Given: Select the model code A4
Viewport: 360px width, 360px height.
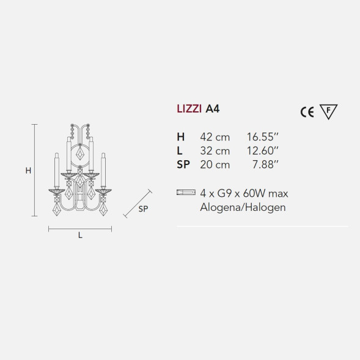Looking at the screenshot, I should [213, 111].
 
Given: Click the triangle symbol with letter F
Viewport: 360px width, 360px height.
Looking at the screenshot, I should [329, 111].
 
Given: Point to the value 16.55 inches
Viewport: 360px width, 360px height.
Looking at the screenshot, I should [263, 138].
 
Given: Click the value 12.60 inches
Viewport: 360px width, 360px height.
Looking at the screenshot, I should [263, 150].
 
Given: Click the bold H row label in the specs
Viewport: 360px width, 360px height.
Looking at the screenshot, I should [180, 138].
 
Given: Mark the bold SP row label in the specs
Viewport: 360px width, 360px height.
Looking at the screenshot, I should [183, 163].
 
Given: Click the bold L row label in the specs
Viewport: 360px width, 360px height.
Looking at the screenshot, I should [178, 150].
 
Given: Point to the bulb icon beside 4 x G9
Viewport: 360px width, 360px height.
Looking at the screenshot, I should [185, 193].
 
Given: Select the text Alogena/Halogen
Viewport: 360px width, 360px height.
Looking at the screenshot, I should [243, 207].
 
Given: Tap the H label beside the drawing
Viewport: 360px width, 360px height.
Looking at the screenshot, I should [28, 171].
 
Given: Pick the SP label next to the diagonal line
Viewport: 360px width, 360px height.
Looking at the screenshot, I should [142, 208].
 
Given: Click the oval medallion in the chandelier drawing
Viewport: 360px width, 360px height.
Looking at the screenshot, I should [80, 153].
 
